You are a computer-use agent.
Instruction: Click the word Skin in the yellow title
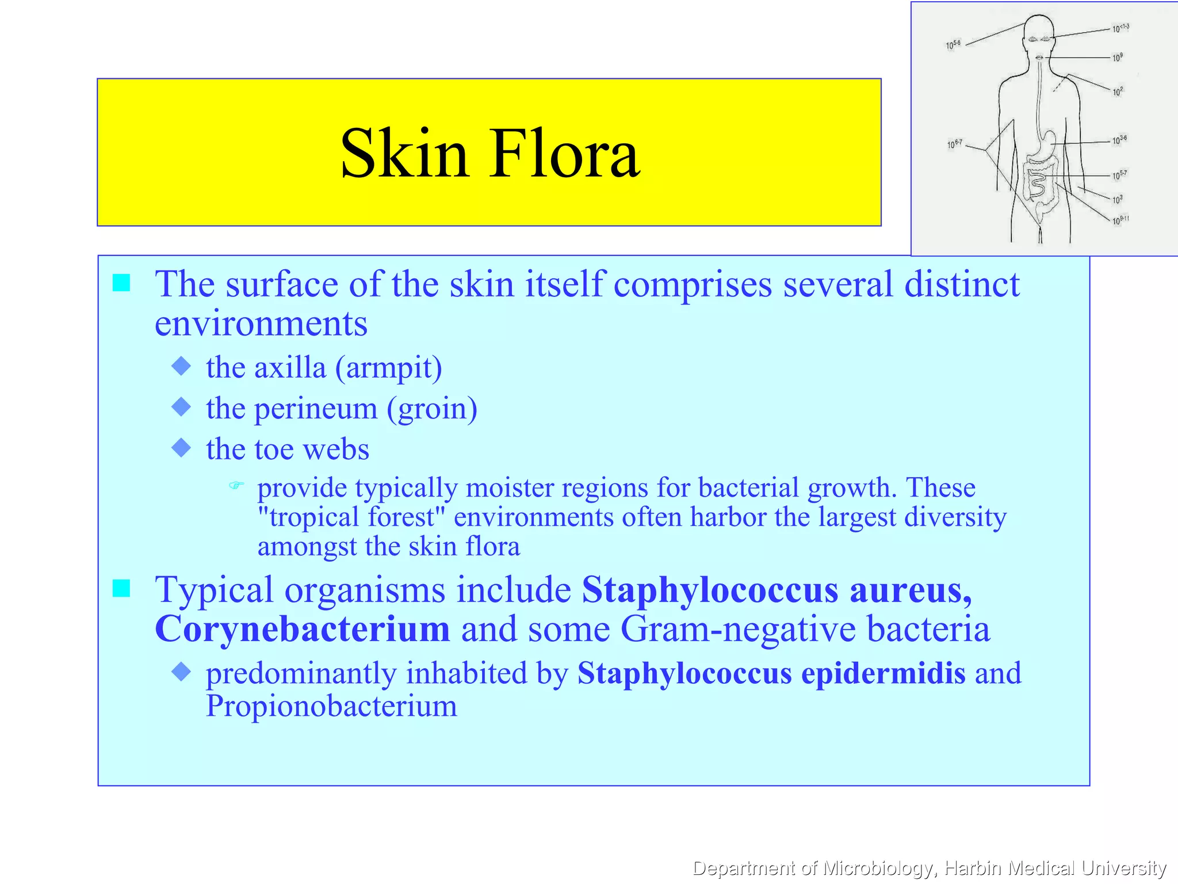tap(404, 154)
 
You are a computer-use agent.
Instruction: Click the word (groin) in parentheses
tap(431, 409)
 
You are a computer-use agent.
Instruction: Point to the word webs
tap(336, 449)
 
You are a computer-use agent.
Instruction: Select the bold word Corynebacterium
tap(302, 629)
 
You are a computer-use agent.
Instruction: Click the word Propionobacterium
tap(331, 706)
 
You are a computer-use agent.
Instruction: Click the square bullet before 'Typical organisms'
tap(121, 589)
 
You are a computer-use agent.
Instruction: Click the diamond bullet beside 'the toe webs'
tap(181, 448)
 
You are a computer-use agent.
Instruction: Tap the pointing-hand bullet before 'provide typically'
tap(236, 486)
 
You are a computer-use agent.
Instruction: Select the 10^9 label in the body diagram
tap(1117, 58)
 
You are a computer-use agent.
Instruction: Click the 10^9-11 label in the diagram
tap(1120, 220)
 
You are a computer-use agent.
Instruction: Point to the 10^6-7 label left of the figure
tap(954, 144)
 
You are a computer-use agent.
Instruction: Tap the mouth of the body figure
tap(1039, 58)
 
